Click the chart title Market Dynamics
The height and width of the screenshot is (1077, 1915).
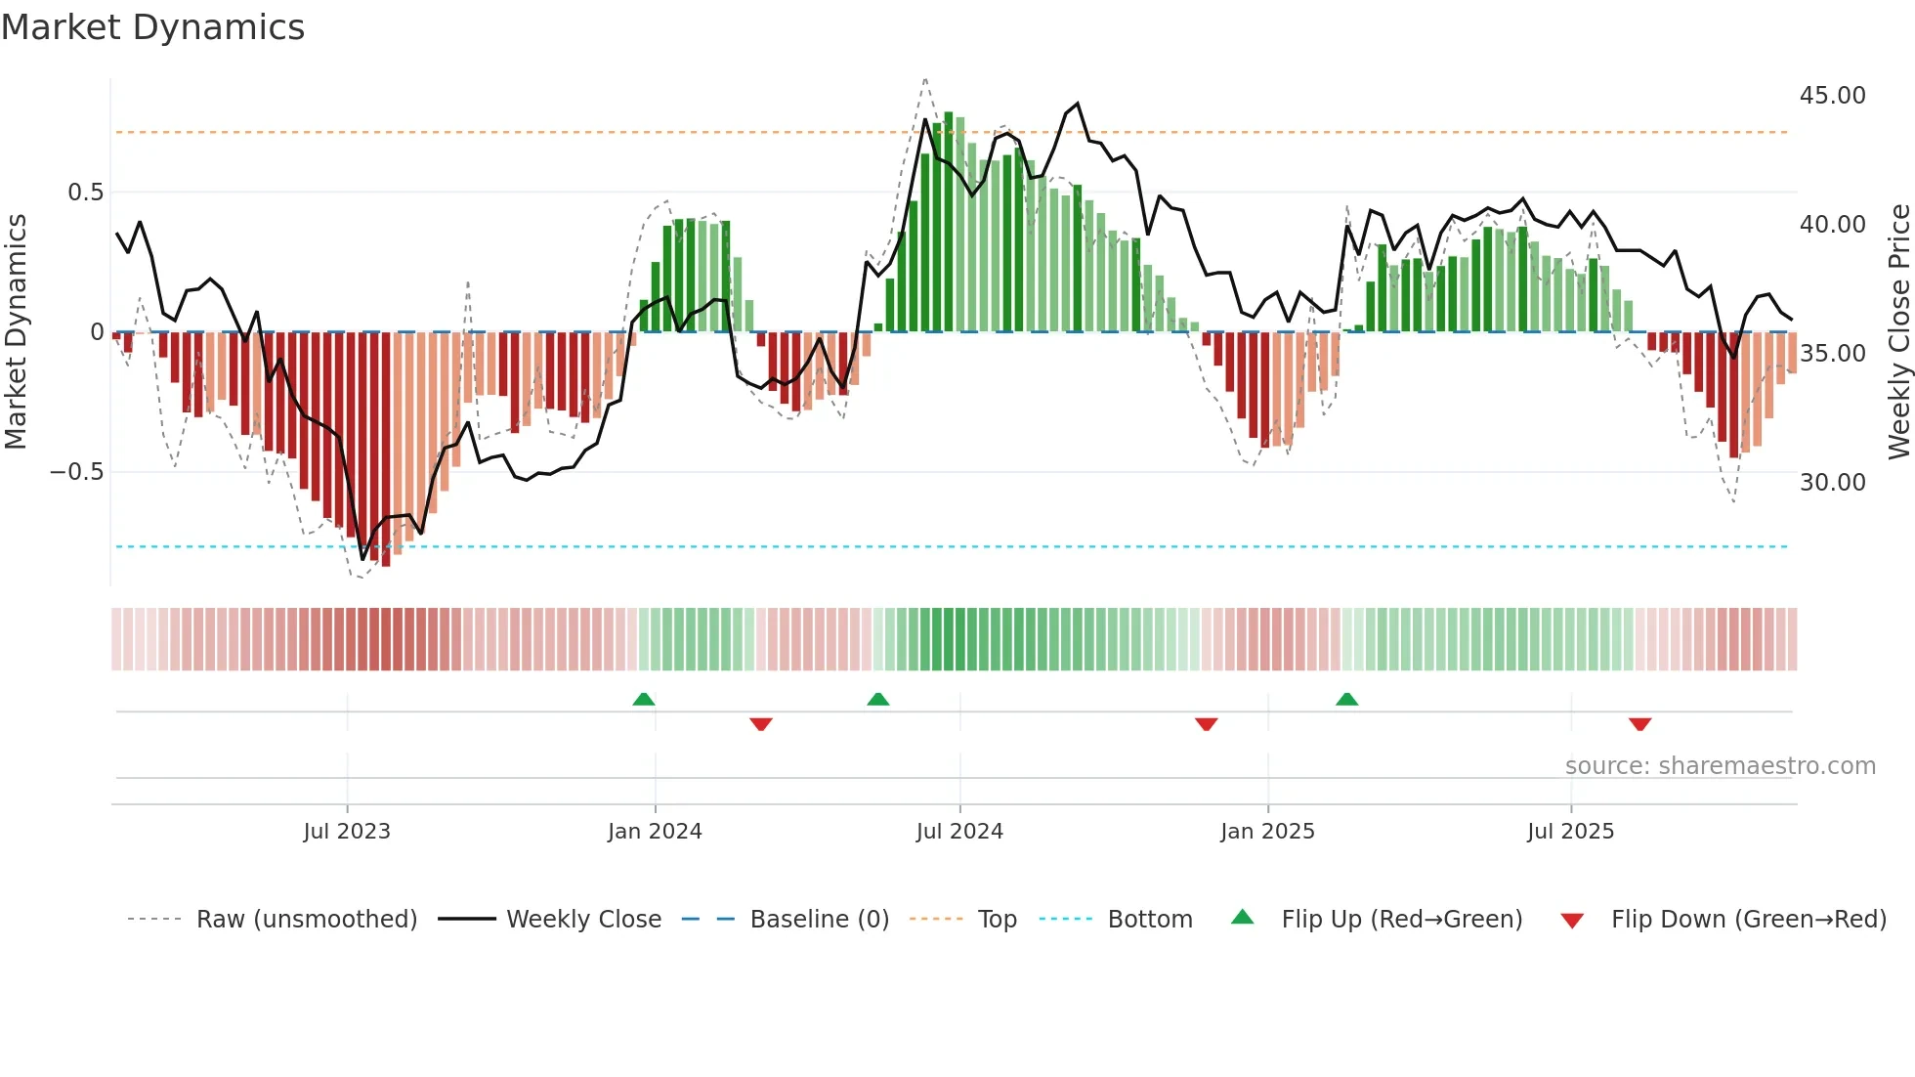pyautogui.click(x=153, y=27)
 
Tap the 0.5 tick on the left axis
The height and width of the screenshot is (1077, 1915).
pyautogui.click(x=86, y=193)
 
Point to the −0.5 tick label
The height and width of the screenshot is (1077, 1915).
pyautogui.click(x=77, y=472)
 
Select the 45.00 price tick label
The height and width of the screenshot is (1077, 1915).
pyautogui.click(x=1832, y=96)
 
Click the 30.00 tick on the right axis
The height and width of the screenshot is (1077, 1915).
pyautogui.click(x=1832, y=483)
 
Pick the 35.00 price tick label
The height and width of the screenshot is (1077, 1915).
pyautogui.click(x=1832, y=354)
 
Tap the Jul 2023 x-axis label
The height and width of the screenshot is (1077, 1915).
pyautogui.click(x=347, y=832)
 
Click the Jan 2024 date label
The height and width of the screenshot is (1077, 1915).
pyautogui.click(x=655, y=832)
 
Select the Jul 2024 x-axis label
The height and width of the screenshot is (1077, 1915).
pyautogui.click(x=959, y=832)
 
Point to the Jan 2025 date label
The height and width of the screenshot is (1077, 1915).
pyautogui.click(x=1267, y=832)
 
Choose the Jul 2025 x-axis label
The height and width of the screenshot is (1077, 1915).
pyautogui.click(x=1571, y=832)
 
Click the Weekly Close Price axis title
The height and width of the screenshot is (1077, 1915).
pyautogui.click(x=1898, y=332)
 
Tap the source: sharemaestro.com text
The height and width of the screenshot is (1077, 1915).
pyautogui.click(x=1720, y=766)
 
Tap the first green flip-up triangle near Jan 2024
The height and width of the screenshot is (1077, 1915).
pyautogui.click(x=644, y=700)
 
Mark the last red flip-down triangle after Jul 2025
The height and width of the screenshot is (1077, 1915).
pyautogui.click(x=1640, y=724)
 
